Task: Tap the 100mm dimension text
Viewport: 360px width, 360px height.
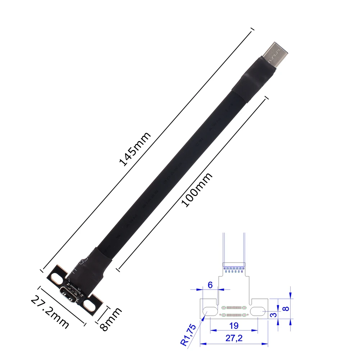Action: pyautogui.click(x=197, y=190)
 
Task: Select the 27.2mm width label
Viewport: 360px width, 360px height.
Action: pyautogui.click(x=50, y=311)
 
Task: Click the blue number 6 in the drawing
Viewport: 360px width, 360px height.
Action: pyautogui.click(x=210, y=285)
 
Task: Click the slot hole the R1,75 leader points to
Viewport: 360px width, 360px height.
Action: pyautogui.click(x=209, y=311)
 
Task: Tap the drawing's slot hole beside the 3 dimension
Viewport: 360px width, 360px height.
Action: pyautogui.click(x=258, y=311)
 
